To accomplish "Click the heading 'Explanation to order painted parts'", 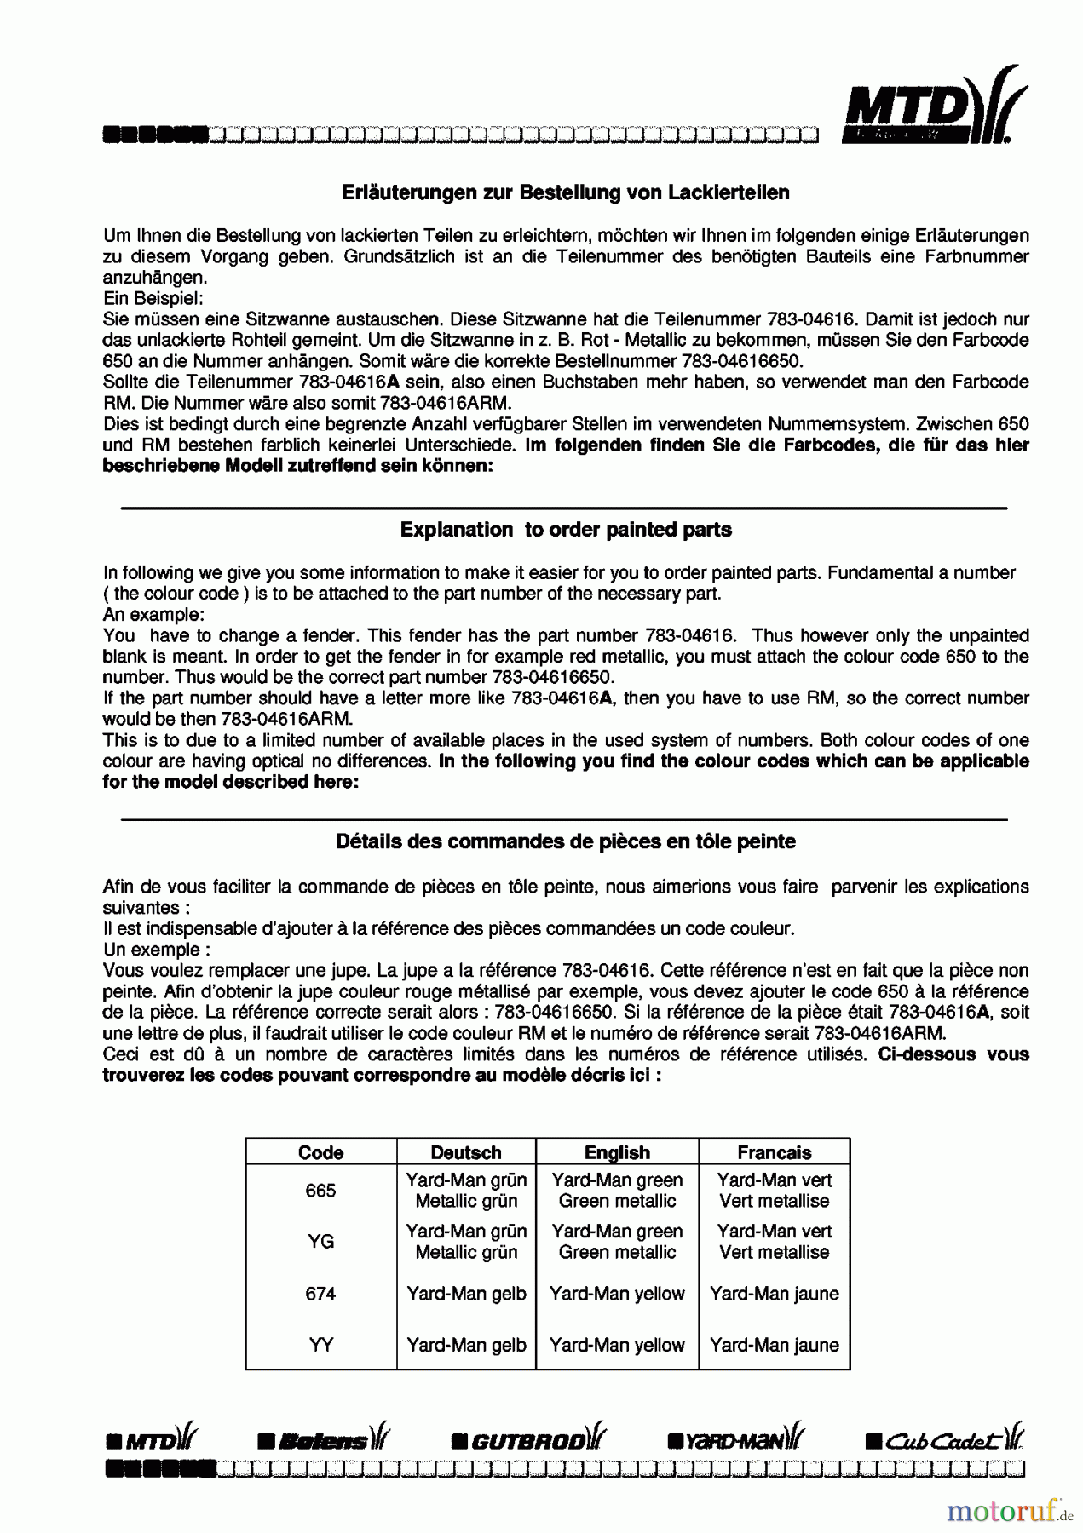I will pos(566,530).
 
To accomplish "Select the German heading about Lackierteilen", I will pos(565,192).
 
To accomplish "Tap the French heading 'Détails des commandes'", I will pos(566,841).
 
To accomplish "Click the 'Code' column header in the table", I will pos(320,1152).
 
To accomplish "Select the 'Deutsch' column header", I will pos(466,1152).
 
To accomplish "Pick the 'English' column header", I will pos(617,1152).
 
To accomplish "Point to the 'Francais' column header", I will pos(774,1152).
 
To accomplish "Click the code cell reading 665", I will pos(320,1191).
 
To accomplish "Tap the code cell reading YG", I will pos(320,1242).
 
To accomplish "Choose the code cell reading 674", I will pos(320,1294).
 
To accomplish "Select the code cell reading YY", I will pos(320,1345).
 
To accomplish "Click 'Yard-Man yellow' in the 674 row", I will pos(617,1294).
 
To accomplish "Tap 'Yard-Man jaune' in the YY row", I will pos(774,1345).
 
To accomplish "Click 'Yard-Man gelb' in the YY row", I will pos(466,1345).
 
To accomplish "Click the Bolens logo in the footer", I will pos(324,1441).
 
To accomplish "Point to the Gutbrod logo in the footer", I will pos(529,1441).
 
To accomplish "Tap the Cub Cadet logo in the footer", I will pos(944,1441).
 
